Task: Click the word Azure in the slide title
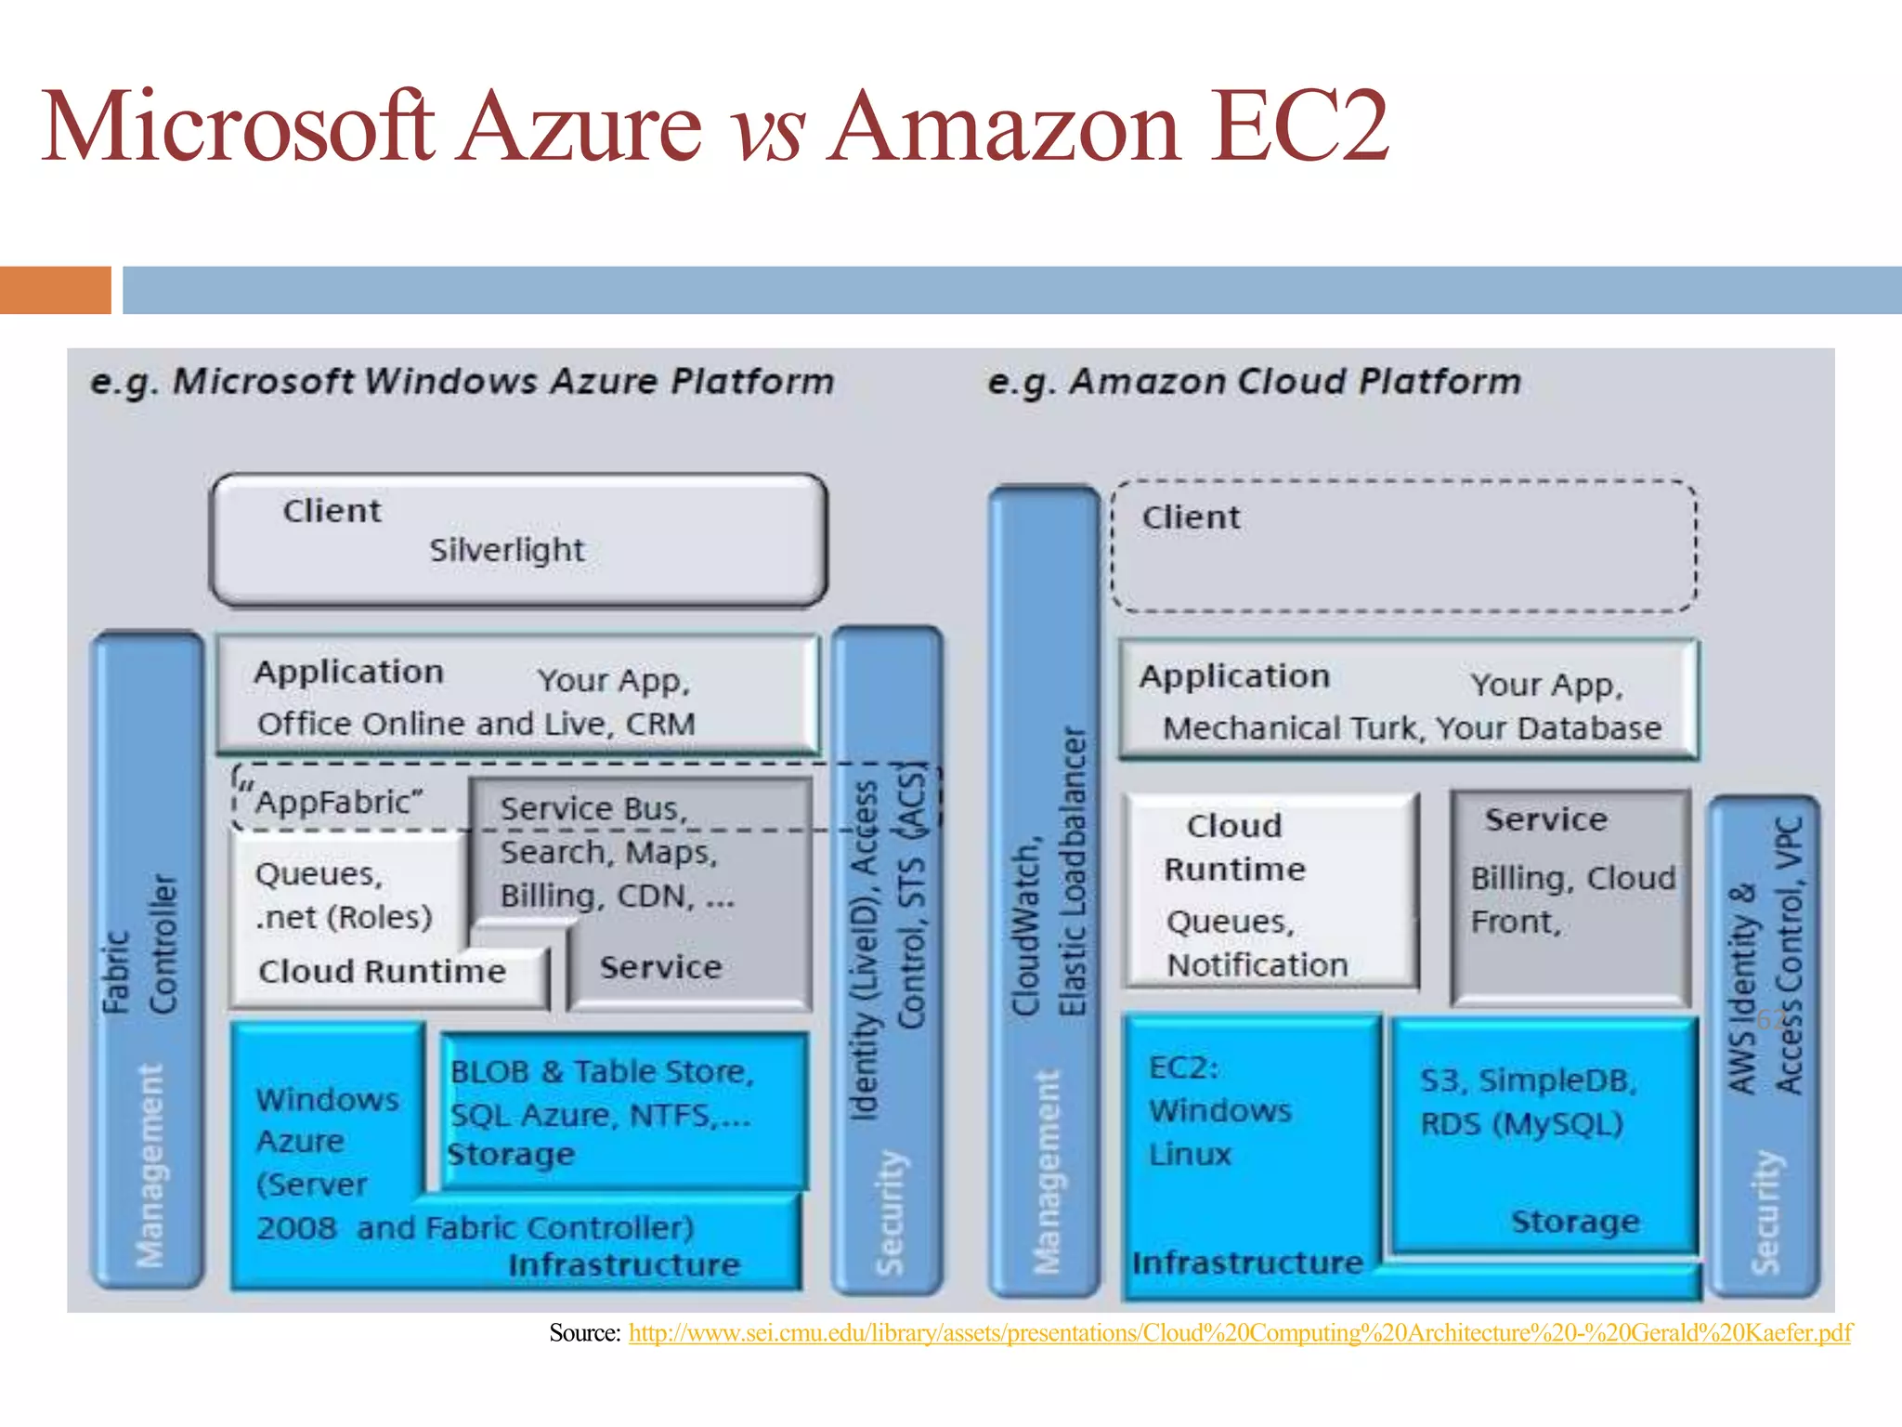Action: pyautogui.click(x=581, y=127)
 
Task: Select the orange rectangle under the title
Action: pyautogui.click(x=55, y=290)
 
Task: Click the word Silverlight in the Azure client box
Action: pyautogui.click(x=506, y=550)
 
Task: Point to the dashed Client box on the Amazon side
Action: pyautogui.click(x=1403, y=546)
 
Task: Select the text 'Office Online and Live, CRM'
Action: pyautogui.click(x=475, y=724)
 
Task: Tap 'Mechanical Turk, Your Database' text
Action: pyautogui.click(x=1412, y=728)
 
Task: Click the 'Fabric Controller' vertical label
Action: pyautogui.click(x=139, y=943)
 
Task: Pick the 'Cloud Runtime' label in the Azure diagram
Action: pyautogui.click(x=382, y=972)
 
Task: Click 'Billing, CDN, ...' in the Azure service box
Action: pyautogui.click(x=617, y=897)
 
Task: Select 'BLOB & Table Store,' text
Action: pyautogui.click(x=602, y=1072)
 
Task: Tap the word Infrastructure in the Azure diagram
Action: pyautogui.click(x=624, y=1265)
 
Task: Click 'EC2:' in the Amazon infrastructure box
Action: pyautogui.click(x=1183, y=1068)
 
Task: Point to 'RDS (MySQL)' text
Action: pyautogui.click(x=1521, y=1125)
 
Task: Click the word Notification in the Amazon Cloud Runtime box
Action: pyautogui.click(x=1257, y=966)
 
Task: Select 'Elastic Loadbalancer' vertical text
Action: pyautogui.click(x=1073, y=871)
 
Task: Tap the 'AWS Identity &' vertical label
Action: pyautogui.click(x=1742, y=989)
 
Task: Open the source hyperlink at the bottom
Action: pyautogui.click(x=1240, y=1333)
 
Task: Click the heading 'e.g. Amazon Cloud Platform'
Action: pyautogui.click(x=1254, y=382)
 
